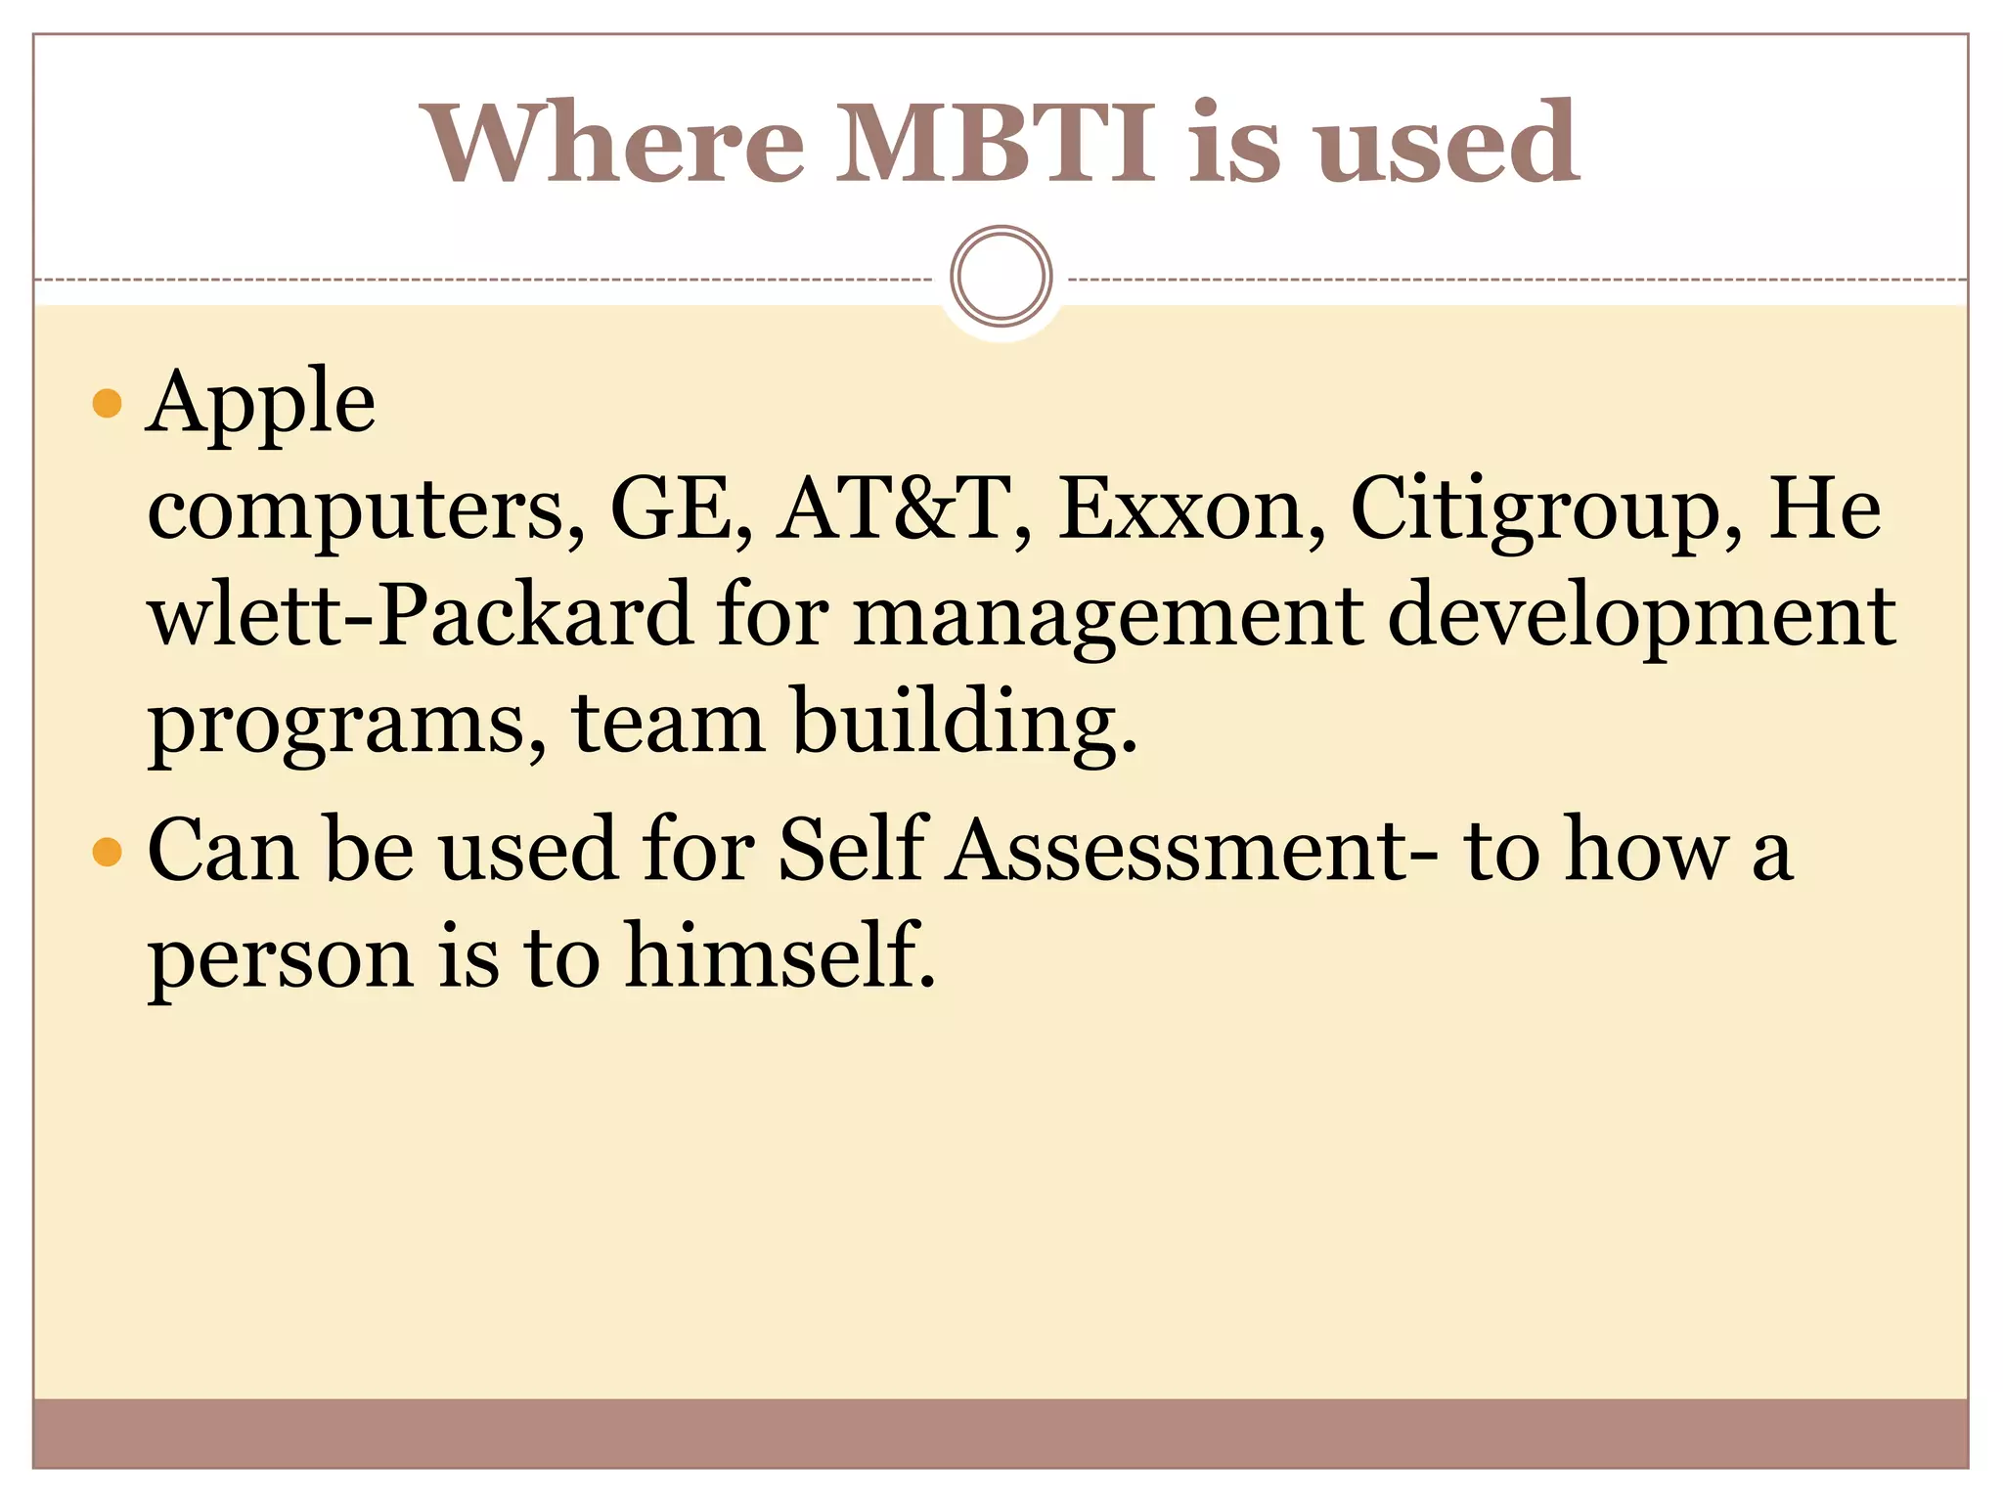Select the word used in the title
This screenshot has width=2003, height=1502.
pos(1447,144)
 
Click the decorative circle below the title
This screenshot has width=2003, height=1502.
pos(1001,276)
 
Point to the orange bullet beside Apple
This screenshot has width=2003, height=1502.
pos(107,404)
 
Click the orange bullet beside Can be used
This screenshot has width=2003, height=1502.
pos(107,852)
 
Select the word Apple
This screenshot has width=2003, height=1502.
pos(261,404)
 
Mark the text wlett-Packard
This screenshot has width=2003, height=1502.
pos(420,615)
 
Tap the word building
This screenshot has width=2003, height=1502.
pos(964,723)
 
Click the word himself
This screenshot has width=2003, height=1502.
pos(779,955)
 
